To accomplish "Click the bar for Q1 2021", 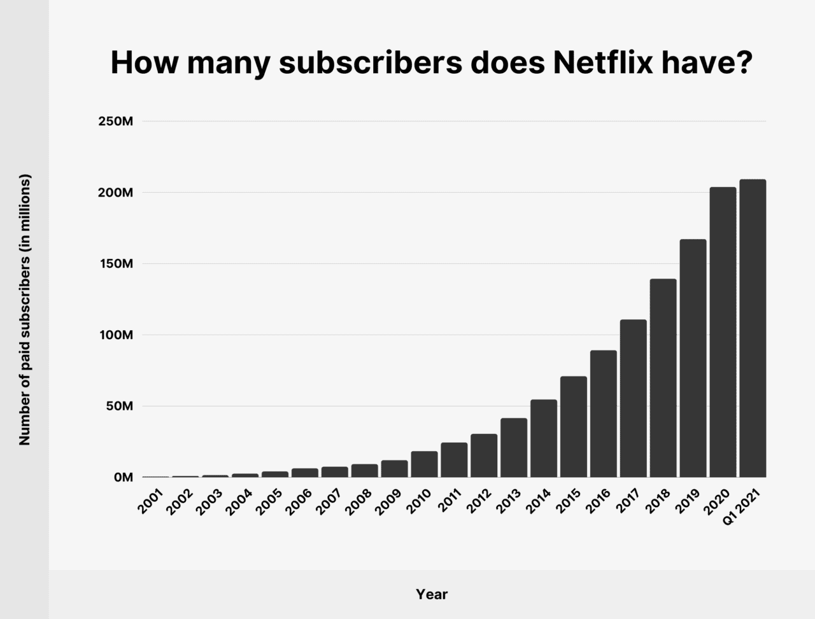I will coord(753,328).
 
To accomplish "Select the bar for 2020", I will coord(723,332).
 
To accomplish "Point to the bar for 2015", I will coord(574,427).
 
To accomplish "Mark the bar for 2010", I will coord(424,464).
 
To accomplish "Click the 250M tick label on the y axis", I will coord(115,122).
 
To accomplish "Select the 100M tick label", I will coord(115,335).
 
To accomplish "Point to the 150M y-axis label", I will coord(115,264).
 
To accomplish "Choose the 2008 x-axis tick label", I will coord(360,501).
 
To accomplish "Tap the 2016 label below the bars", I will coord(599,501).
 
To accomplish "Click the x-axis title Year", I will coord(432,594).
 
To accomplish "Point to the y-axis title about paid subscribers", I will coord(25,309).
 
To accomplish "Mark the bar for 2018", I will coord(663,378).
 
